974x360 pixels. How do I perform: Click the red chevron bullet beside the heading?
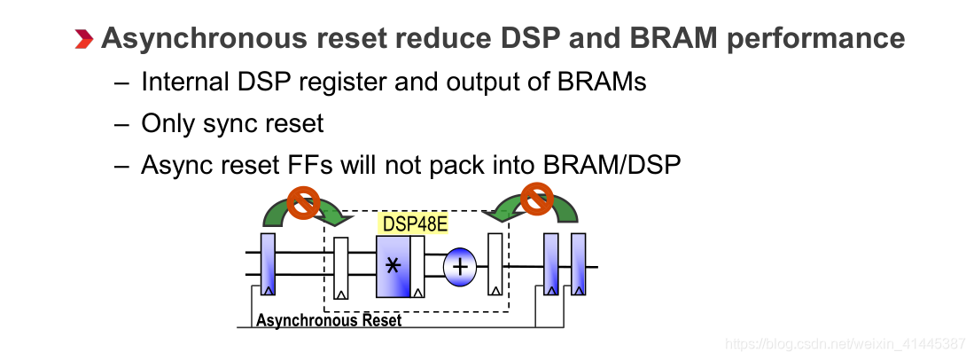(x=83, y=38)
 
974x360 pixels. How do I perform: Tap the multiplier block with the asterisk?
(x=393, y=266)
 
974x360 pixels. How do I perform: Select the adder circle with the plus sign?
(x=460, y=266)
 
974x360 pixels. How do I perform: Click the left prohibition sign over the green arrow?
(x=305, y=203)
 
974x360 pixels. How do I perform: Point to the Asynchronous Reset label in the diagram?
(x=328, y=320)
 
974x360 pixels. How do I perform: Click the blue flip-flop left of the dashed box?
(x=269, y=264)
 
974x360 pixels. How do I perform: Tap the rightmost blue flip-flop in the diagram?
(x=580, y=264)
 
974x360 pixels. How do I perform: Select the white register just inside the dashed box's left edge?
(x=341, y=265)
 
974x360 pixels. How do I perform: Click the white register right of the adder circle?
(x=495, y=264)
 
